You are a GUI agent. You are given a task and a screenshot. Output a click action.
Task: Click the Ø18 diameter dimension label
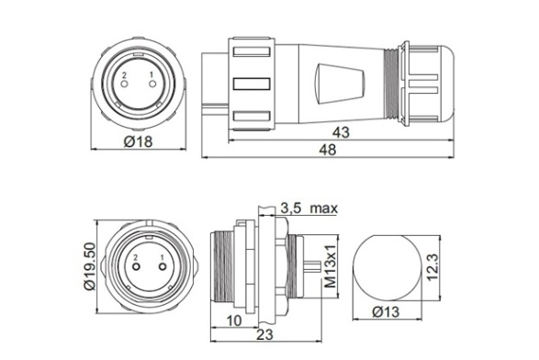coord(138,141)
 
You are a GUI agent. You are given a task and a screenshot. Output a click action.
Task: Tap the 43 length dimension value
coord(341,132)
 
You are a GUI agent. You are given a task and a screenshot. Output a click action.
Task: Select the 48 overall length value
coord(328,150)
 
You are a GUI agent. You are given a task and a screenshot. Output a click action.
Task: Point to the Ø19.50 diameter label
coord(90,266)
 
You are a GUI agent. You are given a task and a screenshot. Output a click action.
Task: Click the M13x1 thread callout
coord(331,266)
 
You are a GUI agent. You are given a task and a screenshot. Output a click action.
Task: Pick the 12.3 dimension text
coord(432,267)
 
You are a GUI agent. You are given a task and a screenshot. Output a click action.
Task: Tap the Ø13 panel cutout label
coord(386,312)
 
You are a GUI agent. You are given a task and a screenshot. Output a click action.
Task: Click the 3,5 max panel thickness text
coord(309,208)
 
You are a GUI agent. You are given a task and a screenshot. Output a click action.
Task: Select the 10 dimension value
coord(234,321)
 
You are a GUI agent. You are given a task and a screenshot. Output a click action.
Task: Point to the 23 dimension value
coord(265,334)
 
